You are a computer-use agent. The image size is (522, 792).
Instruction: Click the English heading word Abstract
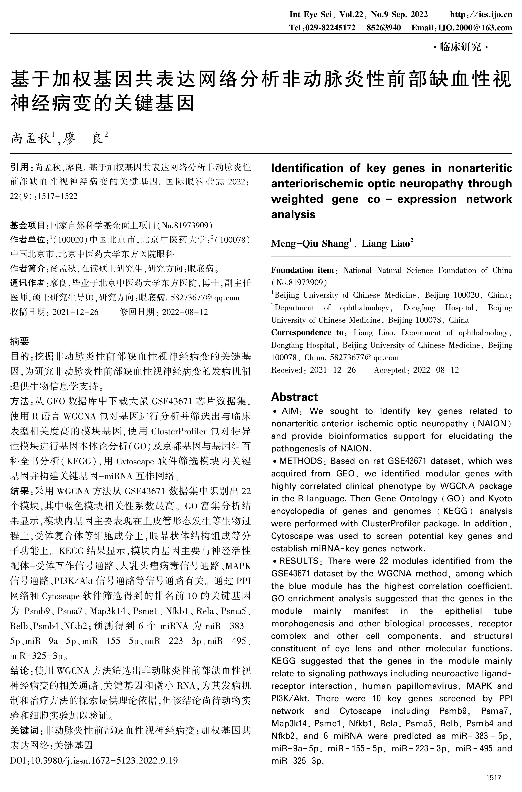(294, 397)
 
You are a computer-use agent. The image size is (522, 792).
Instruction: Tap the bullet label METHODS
(300, 461)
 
